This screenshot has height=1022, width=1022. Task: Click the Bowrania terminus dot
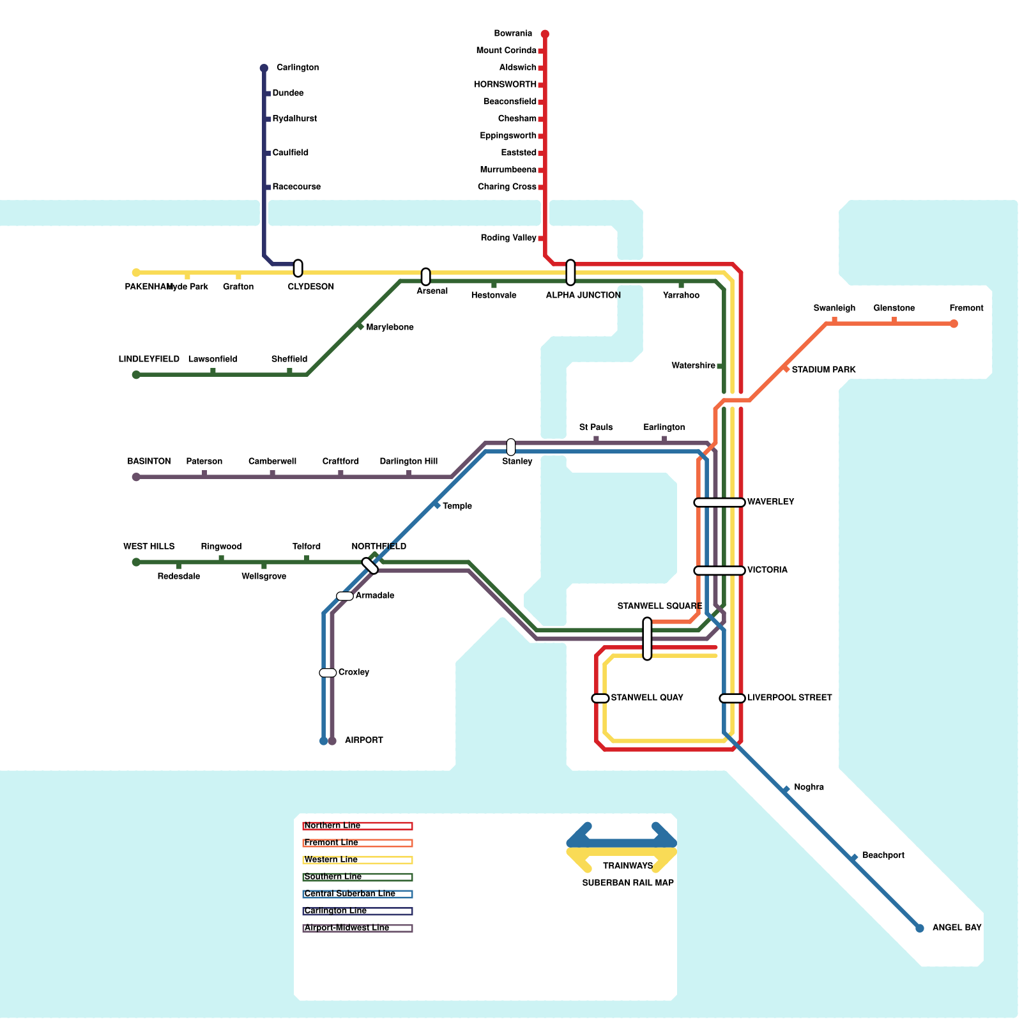click(545, 34)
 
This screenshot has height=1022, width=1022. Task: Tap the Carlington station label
click(298, 68)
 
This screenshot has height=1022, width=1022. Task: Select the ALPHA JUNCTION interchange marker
click(570, 273)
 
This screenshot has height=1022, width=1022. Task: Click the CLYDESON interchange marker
click(298, 268)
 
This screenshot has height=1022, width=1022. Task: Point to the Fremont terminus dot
click(954, 324)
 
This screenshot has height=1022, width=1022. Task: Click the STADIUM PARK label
click(823, 370)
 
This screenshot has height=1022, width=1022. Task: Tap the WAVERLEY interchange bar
click(719, 503)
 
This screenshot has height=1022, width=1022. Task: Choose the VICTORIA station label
click(767, 570)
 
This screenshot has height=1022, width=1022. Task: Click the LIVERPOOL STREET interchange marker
click(732, 698)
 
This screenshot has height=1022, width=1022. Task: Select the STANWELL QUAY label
click(647, 698)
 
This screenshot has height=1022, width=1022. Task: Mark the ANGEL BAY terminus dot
click(920, 928)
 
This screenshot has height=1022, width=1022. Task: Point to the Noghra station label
click(809, 788)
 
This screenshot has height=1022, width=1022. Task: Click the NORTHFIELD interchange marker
click(370, 566)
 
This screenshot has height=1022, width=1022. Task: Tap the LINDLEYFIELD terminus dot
click(136, 375)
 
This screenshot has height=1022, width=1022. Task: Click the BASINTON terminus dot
click(136, 477)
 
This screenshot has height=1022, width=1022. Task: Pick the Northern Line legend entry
click(358, 826)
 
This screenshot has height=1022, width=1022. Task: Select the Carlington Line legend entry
click(358, 911)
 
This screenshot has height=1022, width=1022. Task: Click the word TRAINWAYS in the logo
click(628, 866)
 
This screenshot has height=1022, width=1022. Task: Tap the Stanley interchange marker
click(511, 447)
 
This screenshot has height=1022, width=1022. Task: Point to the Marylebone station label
click(390, 328)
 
